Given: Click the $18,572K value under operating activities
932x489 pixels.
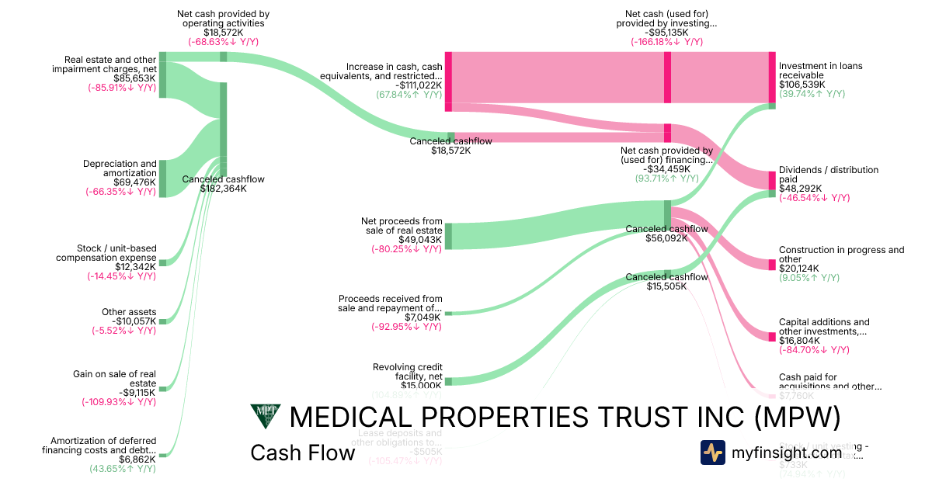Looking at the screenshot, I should click(223, 33).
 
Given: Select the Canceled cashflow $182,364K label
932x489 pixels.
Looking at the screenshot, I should click(223, 183).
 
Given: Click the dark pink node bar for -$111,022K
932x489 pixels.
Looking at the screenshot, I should click(448, 77).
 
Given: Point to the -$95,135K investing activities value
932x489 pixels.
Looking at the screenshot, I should click(666, 33).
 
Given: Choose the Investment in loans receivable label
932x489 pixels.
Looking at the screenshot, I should click(820, 71).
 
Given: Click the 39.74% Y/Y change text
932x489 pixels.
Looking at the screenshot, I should click(812, 94).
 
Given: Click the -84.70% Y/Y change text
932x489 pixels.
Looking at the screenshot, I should click(814, 349).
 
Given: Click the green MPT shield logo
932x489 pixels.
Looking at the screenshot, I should click(265, 416).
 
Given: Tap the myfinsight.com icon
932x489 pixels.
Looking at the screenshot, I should click(712, 453).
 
